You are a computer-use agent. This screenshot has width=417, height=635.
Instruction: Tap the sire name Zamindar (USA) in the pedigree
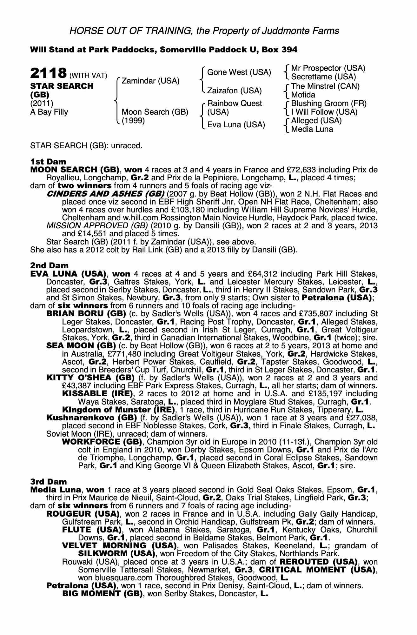tap(150, 81)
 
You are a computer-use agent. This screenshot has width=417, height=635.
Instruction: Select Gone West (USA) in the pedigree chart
tap(239, 72)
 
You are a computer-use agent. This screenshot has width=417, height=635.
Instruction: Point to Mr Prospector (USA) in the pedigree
tap(328, 68)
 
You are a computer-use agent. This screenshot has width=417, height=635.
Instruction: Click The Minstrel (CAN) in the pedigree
tap(325, 86)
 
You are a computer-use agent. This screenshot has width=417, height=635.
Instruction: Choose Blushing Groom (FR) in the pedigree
tap(328, 104)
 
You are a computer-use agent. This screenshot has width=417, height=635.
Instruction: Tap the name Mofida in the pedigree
tap(303, 95)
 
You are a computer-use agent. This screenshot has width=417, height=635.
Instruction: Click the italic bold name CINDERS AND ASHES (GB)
tap(105, 194)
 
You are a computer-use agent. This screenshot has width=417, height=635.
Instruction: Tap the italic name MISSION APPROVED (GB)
tap(97, 226)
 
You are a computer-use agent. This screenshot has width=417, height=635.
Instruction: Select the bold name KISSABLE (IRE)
tap(97, 394)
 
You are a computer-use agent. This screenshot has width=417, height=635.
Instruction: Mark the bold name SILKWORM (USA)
tap(117, 554)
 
